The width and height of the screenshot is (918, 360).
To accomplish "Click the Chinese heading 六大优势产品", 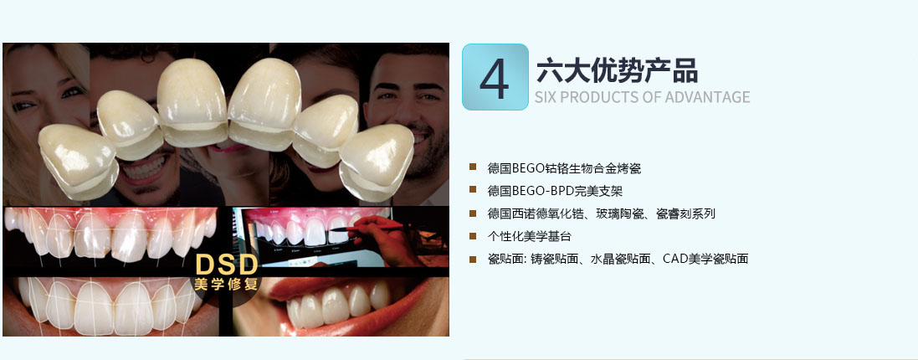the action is tap(617, 71).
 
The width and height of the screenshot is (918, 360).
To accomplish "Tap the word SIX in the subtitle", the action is tap(546, 97).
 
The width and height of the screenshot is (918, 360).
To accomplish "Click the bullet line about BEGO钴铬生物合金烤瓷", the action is tap(564, 168).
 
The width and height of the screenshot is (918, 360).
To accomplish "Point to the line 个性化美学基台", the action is tap(529, 236).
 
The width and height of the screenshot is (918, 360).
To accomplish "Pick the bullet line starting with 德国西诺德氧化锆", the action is tap(602, 213).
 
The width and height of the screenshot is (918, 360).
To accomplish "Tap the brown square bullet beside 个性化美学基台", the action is tap(473, 236).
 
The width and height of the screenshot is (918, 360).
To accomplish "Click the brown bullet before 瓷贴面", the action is tap(473, 258).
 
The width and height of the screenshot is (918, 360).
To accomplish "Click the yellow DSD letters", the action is tap(226, 265).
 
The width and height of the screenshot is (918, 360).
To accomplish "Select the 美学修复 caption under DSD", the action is tap(226, 285).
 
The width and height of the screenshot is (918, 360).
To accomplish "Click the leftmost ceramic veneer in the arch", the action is tap(79, 161).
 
